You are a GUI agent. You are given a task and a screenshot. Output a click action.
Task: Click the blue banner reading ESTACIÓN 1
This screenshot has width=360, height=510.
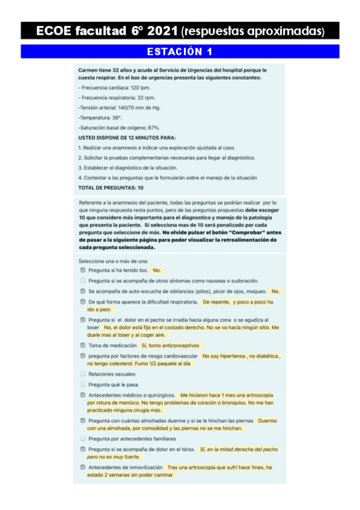pos(180,51)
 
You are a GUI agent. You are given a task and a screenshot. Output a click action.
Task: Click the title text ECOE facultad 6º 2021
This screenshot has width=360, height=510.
pos(107,30)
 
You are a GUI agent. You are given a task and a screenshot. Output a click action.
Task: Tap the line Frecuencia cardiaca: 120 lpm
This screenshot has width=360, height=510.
pos(106,88)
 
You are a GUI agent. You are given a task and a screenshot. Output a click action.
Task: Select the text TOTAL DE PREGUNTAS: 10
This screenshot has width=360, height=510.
pos(111,187)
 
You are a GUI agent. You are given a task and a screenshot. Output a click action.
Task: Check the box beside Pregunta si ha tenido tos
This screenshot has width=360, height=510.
pos(82,271)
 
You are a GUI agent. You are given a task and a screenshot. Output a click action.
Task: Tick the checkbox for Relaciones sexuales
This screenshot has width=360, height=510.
pos(82,374)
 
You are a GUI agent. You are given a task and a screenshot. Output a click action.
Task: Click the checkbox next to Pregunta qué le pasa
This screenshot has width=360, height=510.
pos(82,384)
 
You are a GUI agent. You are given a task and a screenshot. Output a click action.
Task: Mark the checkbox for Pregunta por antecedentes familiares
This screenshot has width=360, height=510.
pos(82,438)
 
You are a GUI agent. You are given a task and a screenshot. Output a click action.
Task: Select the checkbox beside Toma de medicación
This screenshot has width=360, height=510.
pos(82,345)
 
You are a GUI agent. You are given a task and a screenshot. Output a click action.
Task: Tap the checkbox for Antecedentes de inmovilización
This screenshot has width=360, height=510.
pos(82,467)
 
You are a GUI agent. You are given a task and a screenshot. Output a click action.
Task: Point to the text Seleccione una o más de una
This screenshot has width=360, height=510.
pos(113,262)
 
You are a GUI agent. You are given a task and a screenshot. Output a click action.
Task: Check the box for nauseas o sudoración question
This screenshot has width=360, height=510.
pos(82,280)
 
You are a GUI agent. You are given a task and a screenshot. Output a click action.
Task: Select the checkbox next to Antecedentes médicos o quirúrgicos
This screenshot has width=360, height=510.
pos(82,395)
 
